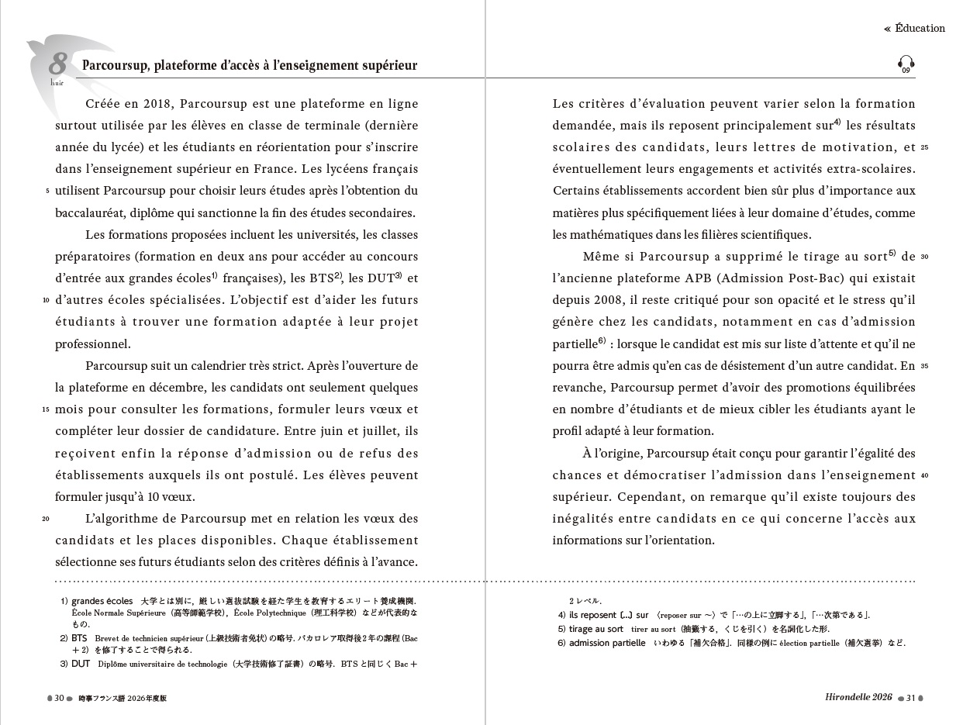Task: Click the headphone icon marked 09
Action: (906, 64)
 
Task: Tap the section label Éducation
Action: (920, 29)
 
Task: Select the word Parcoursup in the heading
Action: (115, 66)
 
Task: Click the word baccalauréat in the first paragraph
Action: (91, 212)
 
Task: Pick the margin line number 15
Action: (47, 409)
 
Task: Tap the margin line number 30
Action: (924, 257)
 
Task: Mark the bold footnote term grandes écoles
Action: (102, 601)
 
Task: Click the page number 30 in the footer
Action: (59, 698)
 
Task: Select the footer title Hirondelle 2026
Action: (858, 698)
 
